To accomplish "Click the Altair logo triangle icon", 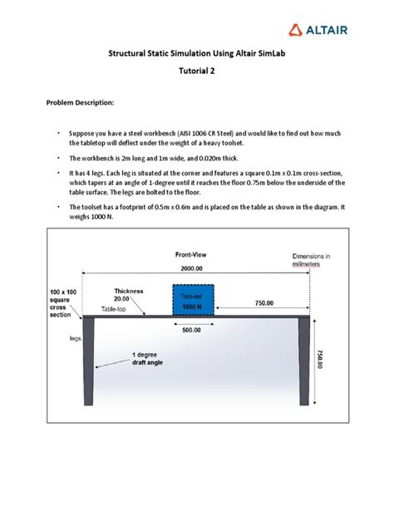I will pos(296,30).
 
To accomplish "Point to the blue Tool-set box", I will pos(192,302).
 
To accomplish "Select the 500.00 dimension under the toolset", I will pos(193,331).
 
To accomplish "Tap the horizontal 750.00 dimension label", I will pos(263,303).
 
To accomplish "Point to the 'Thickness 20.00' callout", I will pos(129,295).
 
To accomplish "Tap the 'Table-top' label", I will pos(116,310).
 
